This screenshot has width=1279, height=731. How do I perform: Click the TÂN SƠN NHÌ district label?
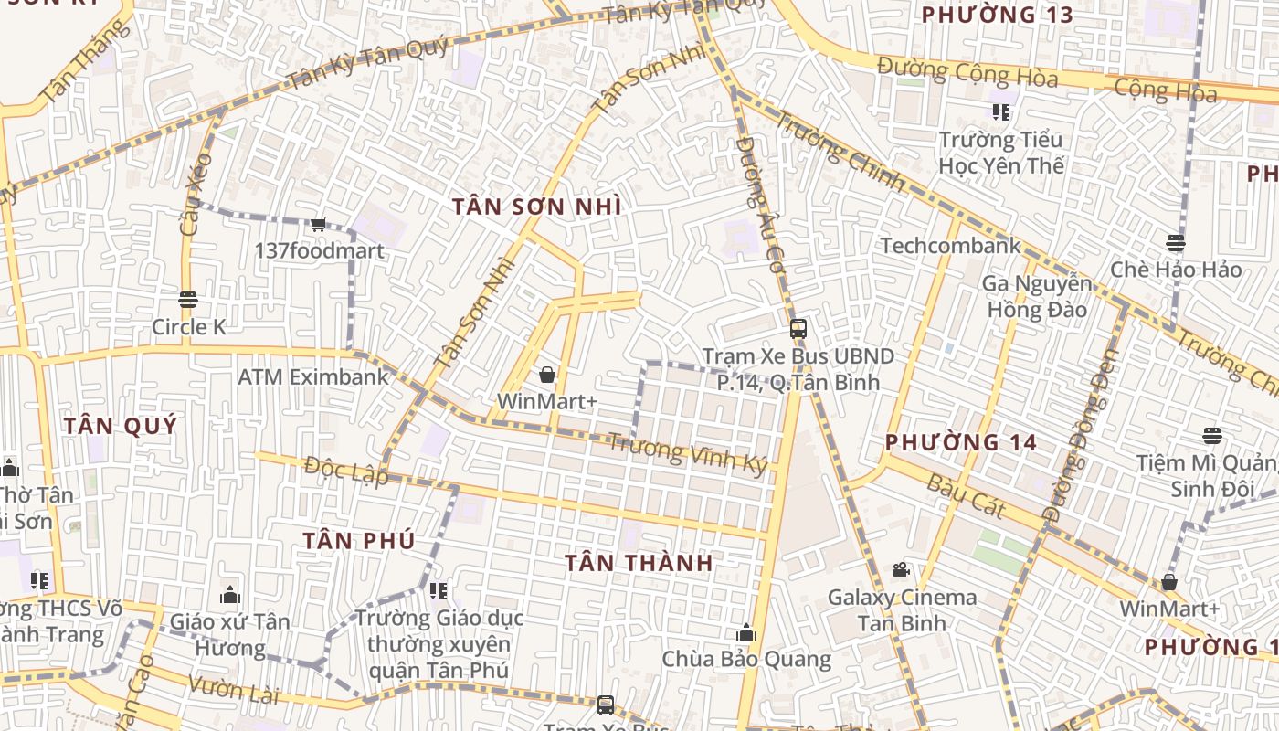pyautogui.click(x=536, y=207)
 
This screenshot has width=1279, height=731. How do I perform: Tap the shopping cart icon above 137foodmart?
pyautogui.click(x=319, y=224)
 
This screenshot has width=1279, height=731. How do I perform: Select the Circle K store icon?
pyautogui.click(x=188, y=300)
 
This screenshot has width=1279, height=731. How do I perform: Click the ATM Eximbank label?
pyautogui.click(x=313, y=376)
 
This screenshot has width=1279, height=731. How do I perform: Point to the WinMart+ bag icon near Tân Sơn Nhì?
pyautogui.click(x=547, y=375)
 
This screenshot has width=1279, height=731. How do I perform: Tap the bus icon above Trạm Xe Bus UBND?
pyautogui.click(x=798, y=329)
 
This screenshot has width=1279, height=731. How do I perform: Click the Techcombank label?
pyautogui.click(x=950, y=245)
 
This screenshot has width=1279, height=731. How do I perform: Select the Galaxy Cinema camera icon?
pyautogui.click(x=902, y=570)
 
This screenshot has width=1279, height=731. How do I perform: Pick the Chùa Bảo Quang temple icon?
pyautogui.click(x=746, y=632)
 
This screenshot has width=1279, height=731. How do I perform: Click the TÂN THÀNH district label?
pyautogui.click(x=639, y=562)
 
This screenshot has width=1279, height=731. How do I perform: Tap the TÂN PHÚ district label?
pyautogui.click(x=359, y=540)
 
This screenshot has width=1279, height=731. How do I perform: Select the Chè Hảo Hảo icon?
pyautogui.click(x=1176, y=243)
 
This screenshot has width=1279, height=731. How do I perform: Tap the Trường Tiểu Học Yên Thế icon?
pyautogui.click(x=1001, y=112)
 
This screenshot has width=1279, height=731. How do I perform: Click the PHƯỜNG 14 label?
pyautogui.click(x=961, y=442)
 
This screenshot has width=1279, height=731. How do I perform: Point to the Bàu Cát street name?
pyautogui.click(x=966, y=496)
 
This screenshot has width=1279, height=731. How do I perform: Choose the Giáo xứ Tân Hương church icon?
pyautogui.click(x=230, y=596)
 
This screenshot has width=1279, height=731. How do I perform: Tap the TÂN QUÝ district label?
pyautogui.click(x=121, y=425)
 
